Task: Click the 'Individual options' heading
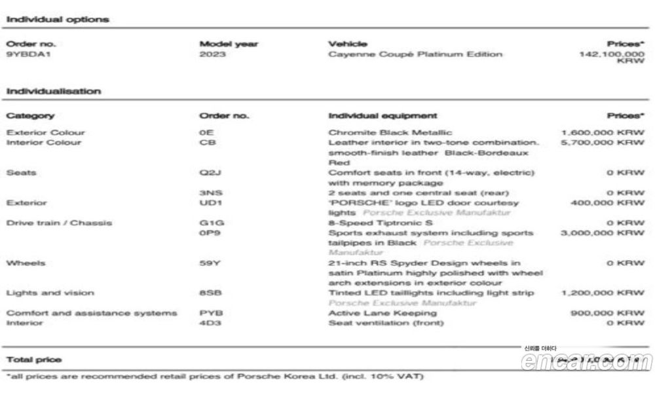[x=58, y=20]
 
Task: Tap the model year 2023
[x=213, y=54]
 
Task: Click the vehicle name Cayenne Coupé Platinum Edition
[x=415, y=54]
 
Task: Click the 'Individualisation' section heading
[x=54, y=92]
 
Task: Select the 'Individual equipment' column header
[x=383, y=116]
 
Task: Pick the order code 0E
[x=206, y=132]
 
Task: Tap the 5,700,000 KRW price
[x=603, y=142]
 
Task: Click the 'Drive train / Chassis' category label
[x=59, y=223]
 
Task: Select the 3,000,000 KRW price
[x=603, y=233]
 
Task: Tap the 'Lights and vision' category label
[x=50, y=293]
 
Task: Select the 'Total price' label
[x=33, y=360]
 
